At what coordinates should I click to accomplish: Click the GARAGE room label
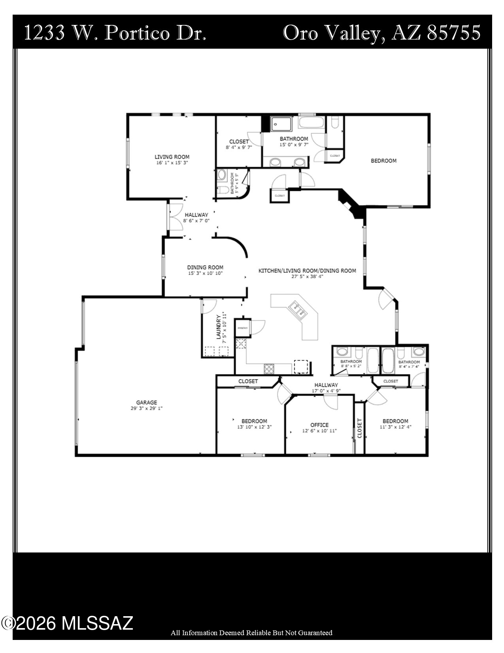(x=147, y=402)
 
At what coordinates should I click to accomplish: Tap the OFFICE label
(x=319, y=425)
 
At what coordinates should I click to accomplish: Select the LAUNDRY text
(x=218, y=327)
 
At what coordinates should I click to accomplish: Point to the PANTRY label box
(x=242, y=328)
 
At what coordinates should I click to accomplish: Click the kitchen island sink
(x=298, y=309)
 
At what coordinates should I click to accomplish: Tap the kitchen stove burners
(x=269, y=368)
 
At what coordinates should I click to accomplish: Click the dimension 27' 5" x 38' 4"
(x=307, y=277)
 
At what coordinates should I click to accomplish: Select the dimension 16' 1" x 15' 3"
(x=172, y=163)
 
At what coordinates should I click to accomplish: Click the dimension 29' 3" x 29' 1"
(x=147, y=408)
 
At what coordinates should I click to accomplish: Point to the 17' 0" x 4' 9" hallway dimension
(x=326, y=391)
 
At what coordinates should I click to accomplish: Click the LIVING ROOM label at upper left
(x=172, y=157)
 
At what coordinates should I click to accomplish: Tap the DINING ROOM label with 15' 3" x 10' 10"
(x=205, y=267)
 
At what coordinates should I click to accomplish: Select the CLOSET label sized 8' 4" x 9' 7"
(x=239, y=142)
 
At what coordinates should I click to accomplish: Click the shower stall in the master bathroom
(x=281, y=124)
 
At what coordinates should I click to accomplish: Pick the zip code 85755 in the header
(x=454, y=32)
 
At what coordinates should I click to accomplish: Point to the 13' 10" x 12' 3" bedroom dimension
(x=254, y=427)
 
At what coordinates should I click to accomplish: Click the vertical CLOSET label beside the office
(x=359, y=428)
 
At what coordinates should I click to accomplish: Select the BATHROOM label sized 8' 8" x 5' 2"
(x=351, y=361)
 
